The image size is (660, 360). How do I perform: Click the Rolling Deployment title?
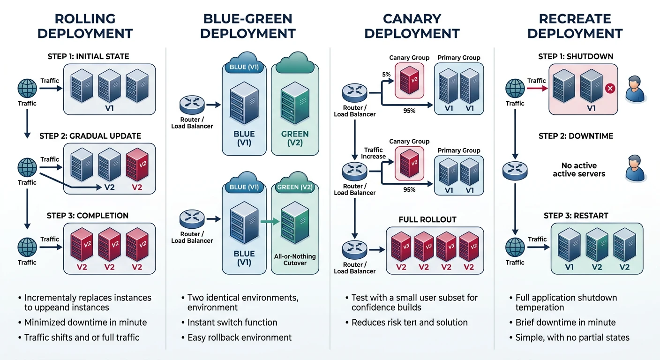pyautogui.click(x=85, y=26)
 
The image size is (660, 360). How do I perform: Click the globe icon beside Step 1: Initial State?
pyautogui.click(x=27, y=88)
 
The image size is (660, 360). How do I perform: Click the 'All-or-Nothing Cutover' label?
pyautogui.click(x=295, y=260)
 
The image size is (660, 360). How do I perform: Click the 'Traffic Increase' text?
pyautogui.click(x=373, y=153)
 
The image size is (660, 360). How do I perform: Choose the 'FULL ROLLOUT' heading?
pyautogui.click(x=427, y=219)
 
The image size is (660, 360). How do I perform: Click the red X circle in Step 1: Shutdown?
pyautogui.click(x=610, y=88)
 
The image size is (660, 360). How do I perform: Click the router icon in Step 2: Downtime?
pyautogui.click(x=515, y=171)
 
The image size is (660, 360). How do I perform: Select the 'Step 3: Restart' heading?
pyautogui.click(x=576, y=216)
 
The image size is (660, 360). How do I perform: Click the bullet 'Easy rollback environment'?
pyautogui.click(x=239, y=337)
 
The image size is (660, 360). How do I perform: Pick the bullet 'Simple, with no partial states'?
pyautogui.click(x=572, y=337)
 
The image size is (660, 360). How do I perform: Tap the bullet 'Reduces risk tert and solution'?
pyautogui.click(x=409, y=322)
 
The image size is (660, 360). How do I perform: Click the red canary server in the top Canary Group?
pyautogui.click(x=409, y=80)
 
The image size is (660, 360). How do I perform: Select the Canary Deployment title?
pyautogui.click(x=412, y=26)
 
